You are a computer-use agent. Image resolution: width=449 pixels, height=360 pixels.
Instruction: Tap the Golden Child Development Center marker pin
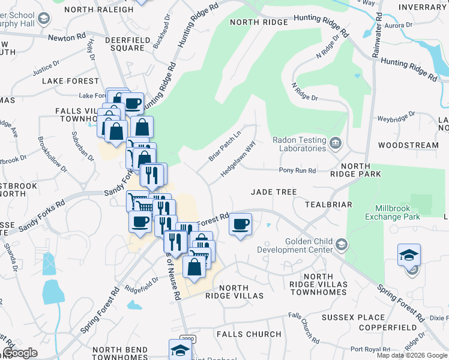tap(342, 244)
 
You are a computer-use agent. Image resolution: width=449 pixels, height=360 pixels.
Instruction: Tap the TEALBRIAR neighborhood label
tap(328, 205)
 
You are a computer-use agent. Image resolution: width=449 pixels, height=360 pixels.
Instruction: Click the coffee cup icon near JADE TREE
tap(241, 224)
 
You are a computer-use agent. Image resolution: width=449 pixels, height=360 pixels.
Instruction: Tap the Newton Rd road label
tap(67, 36)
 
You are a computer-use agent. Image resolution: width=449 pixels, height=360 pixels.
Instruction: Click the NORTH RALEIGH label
tap(99, 10)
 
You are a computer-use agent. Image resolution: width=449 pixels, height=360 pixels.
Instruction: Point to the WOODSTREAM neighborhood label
tap(408, 145)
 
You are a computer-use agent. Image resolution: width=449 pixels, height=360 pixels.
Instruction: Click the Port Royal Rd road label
tap(370, 349)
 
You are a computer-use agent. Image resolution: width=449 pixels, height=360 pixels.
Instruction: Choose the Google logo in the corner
tap(20, 353)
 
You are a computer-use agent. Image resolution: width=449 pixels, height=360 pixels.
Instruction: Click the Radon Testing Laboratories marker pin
tap(336, 142)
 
